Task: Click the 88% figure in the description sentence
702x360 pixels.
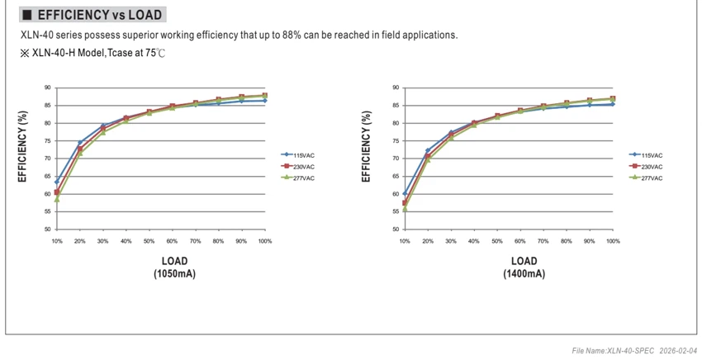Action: tap(292, 35)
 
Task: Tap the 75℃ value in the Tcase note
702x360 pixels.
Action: tap(155, 53)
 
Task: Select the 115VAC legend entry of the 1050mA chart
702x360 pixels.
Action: tap(298, 155)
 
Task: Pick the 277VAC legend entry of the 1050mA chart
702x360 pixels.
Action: tap(298, 178)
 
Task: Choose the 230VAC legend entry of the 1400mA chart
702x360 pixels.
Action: tap(646, 167)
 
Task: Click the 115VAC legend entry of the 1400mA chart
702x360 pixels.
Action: tap(646, 155)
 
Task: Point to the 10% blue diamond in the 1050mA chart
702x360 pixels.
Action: tap(57, 182)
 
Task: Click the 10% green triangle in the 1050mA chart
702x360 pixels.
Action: tap(57, 199)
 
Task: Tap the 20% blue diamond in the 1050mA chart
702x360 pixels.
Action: tap(80, 142)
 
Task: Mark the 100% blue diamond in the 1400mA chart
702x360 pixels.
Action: tap(613, 104)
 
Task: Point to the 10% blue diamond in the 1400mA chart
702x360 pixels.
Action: tap(405, 193)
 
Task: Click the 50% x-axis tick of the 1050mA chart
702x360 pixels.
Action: tap(149, 241)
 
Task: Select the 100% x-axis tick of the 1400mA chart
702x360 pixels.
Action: tap(613, 241)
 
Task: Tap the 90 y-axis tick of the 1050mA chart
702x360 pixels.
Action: tap(47, 88)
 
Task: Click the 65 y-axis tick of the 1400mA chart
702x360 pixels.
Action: tap(396, 177)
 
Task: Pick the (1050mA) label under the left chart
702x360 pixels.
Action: tap(174, 273)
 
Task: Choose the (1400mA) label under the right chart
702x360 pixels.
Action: tap(524, 273)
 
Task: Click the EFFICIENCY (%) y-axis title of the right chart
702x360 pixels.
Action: tap(366, 146)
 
